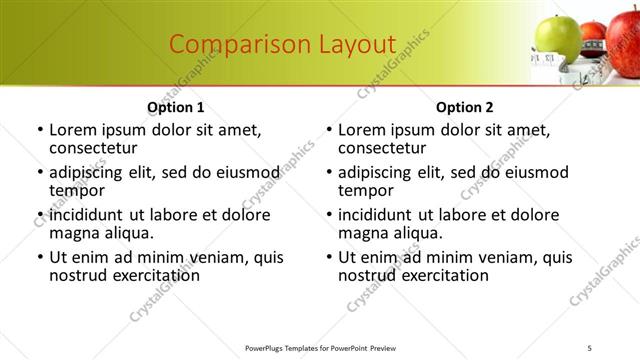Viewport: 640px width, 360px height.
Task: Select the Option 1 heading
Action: coord(175,107)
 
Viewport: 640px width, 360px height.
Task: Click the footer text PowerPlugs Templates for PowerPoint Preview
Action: coord(320,348)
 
